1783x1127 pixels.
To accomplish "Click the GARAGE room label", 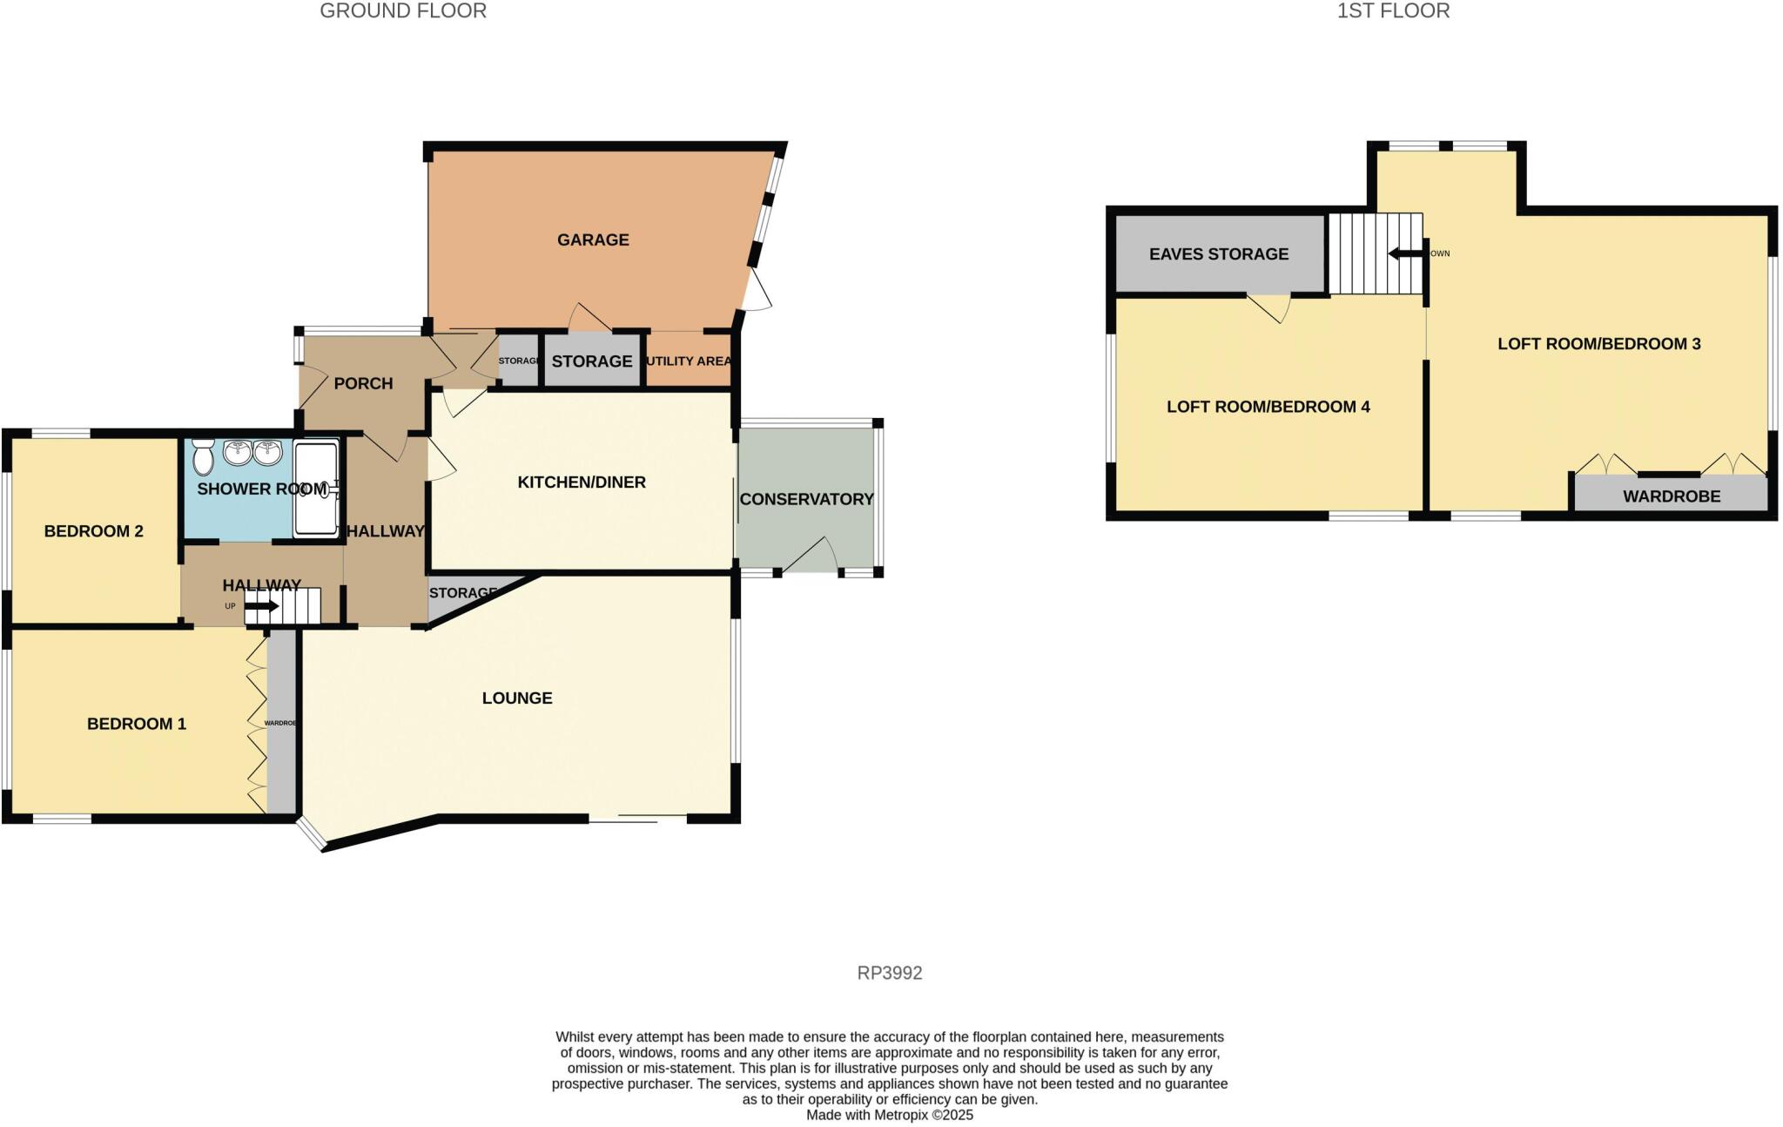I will (593, 240).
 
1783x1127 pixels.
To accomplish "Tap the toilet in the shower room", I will (204, 456).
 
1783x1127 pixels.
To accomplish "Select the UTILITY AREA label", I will (689, 361).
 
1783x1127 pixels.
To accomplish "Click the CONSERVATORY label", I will (806, 499).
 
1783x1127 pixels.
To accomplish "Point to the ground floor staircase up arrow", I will (261, 606).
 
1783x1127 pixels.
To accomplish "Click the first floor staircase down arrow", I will (1403, 253).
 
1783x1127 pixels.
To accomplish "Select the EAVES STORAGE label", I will (1218, 254).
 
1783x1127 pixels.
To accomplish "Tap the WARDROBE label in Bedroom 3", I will (1671, 496).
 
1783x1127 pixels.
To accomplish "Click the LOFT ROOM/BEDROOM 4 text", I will (1268, 407).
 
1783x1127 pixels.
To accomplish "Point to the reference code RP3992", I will (890, 973).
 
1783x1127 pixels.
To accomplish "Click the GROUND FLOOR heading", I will (403, 11).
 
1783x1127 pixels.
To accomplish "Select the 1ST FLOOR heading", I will (1393, 11).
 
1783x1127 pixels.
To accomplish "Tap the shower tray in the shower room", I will (315, 489).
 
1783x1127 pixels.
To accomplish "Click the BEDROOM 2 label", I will (93, 531).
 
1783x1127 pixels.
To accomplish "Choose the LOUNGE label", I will (517, 698).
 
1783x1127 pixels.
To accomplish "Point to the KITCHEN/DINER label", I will (582, 483).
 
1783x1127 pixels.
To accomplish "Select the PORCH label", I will (363, 383).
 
